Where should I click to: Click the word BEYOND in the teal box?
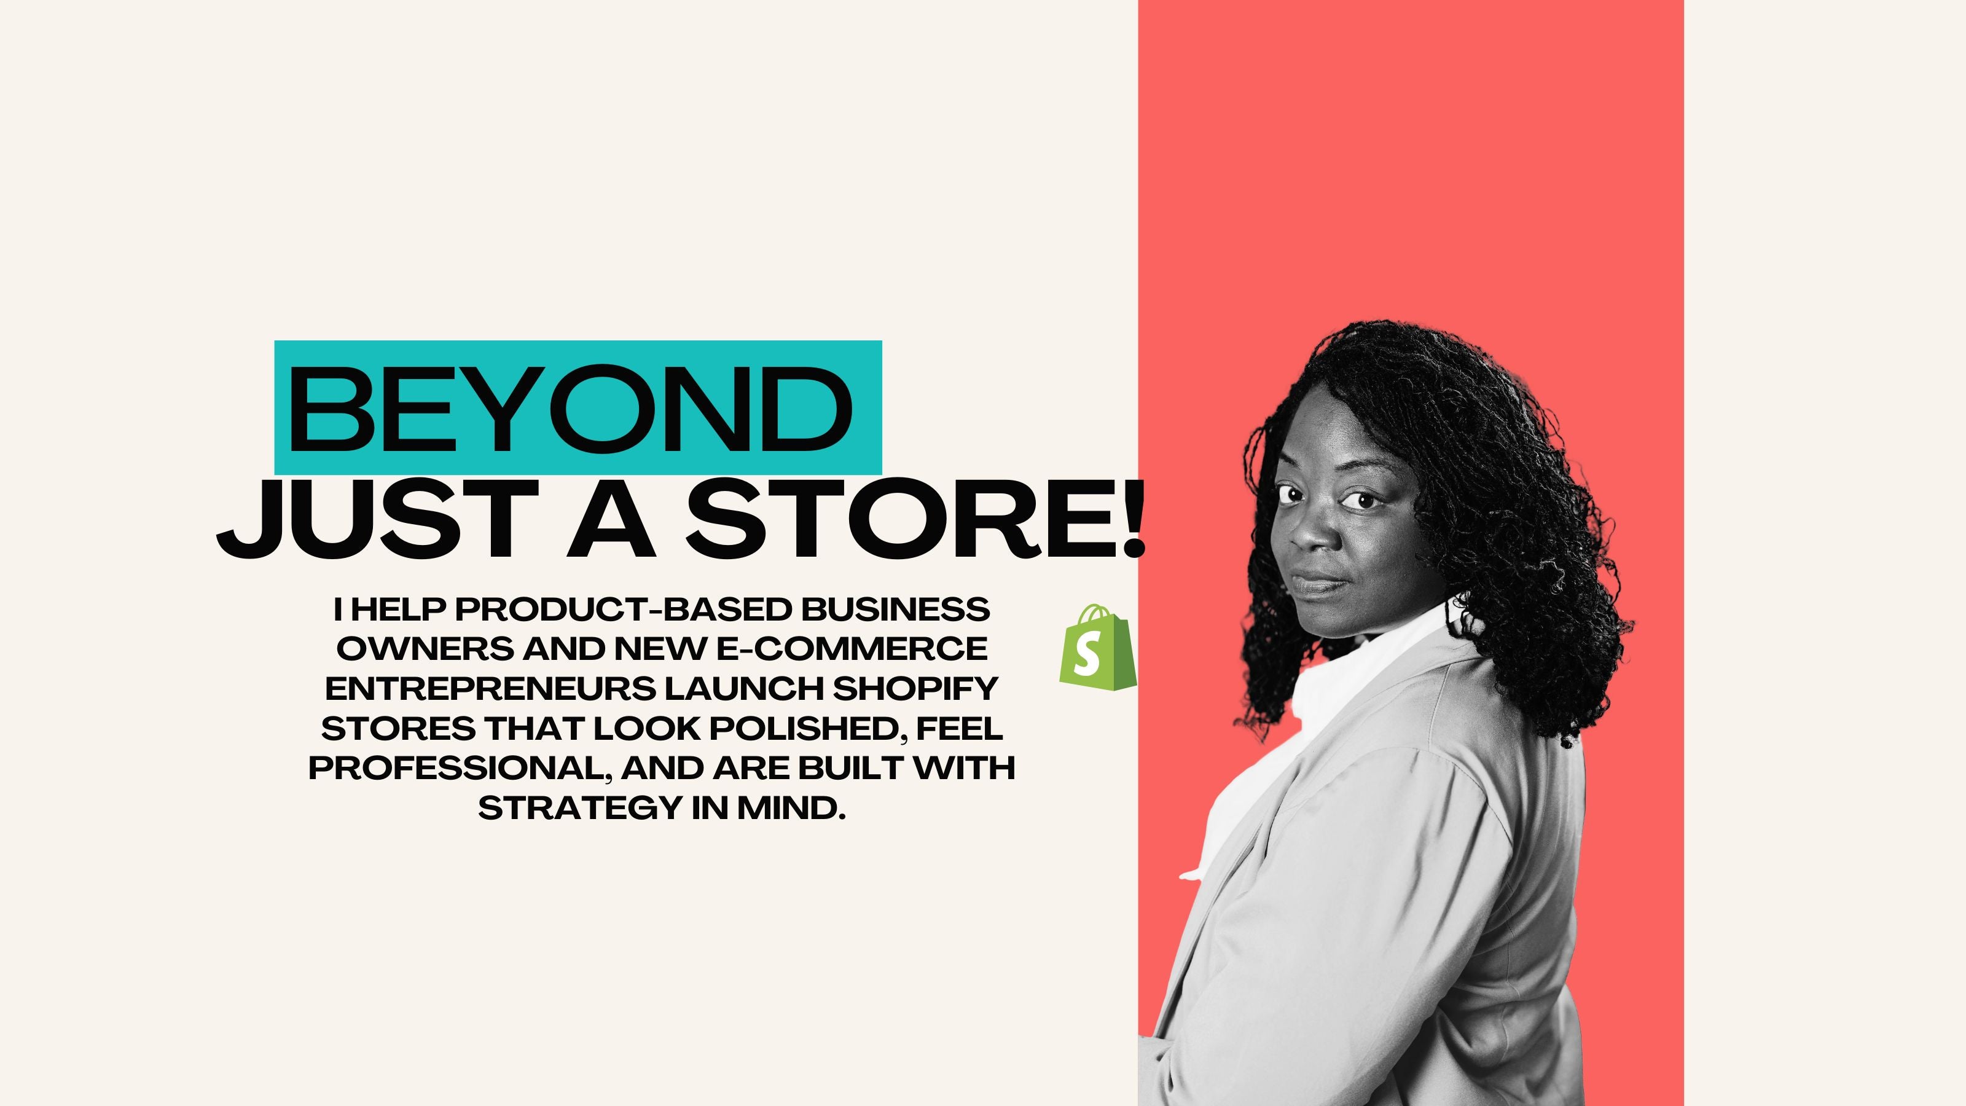(570, 409)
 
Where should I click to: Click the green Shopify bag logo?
(1097, 647)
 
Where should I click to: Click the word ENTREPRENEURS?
(490, 688)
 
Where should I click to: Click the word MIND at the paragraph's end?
(791, 807)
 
